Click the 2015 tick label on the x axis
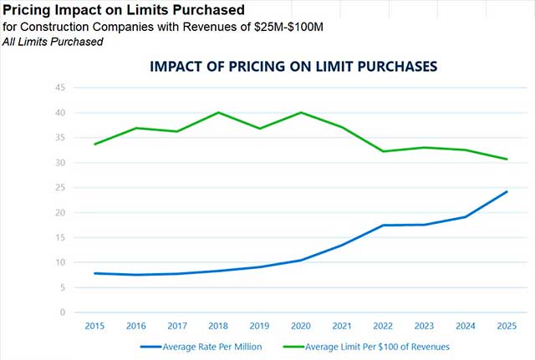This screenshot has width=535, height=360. [95, 326]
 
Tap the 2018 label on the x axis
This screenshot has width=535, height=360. [218, 326]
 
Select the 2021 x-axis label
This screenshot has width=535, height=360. [342, 326]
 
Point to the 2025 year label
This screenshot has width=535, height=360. [506, 326]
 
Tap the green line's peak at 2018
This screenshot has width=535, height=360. [218, 112]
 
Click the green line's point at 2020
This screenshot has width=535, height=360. [301, 112]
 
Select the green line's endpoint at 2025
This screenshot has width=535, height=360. [507, 159]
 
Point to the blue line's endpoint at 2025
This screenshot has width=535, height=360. [507, 191]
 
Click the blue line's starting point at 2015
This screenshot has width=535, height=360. [95, 273]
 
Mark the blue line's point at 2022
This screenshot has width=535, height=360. [383, 226]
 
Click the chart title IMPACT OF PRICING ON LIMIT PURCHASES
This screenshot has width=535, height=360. [293, 67]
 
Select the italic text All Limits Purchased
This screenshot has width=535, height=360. [53, 41]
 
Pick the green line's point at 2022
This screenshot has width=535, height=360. [383, 151]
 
